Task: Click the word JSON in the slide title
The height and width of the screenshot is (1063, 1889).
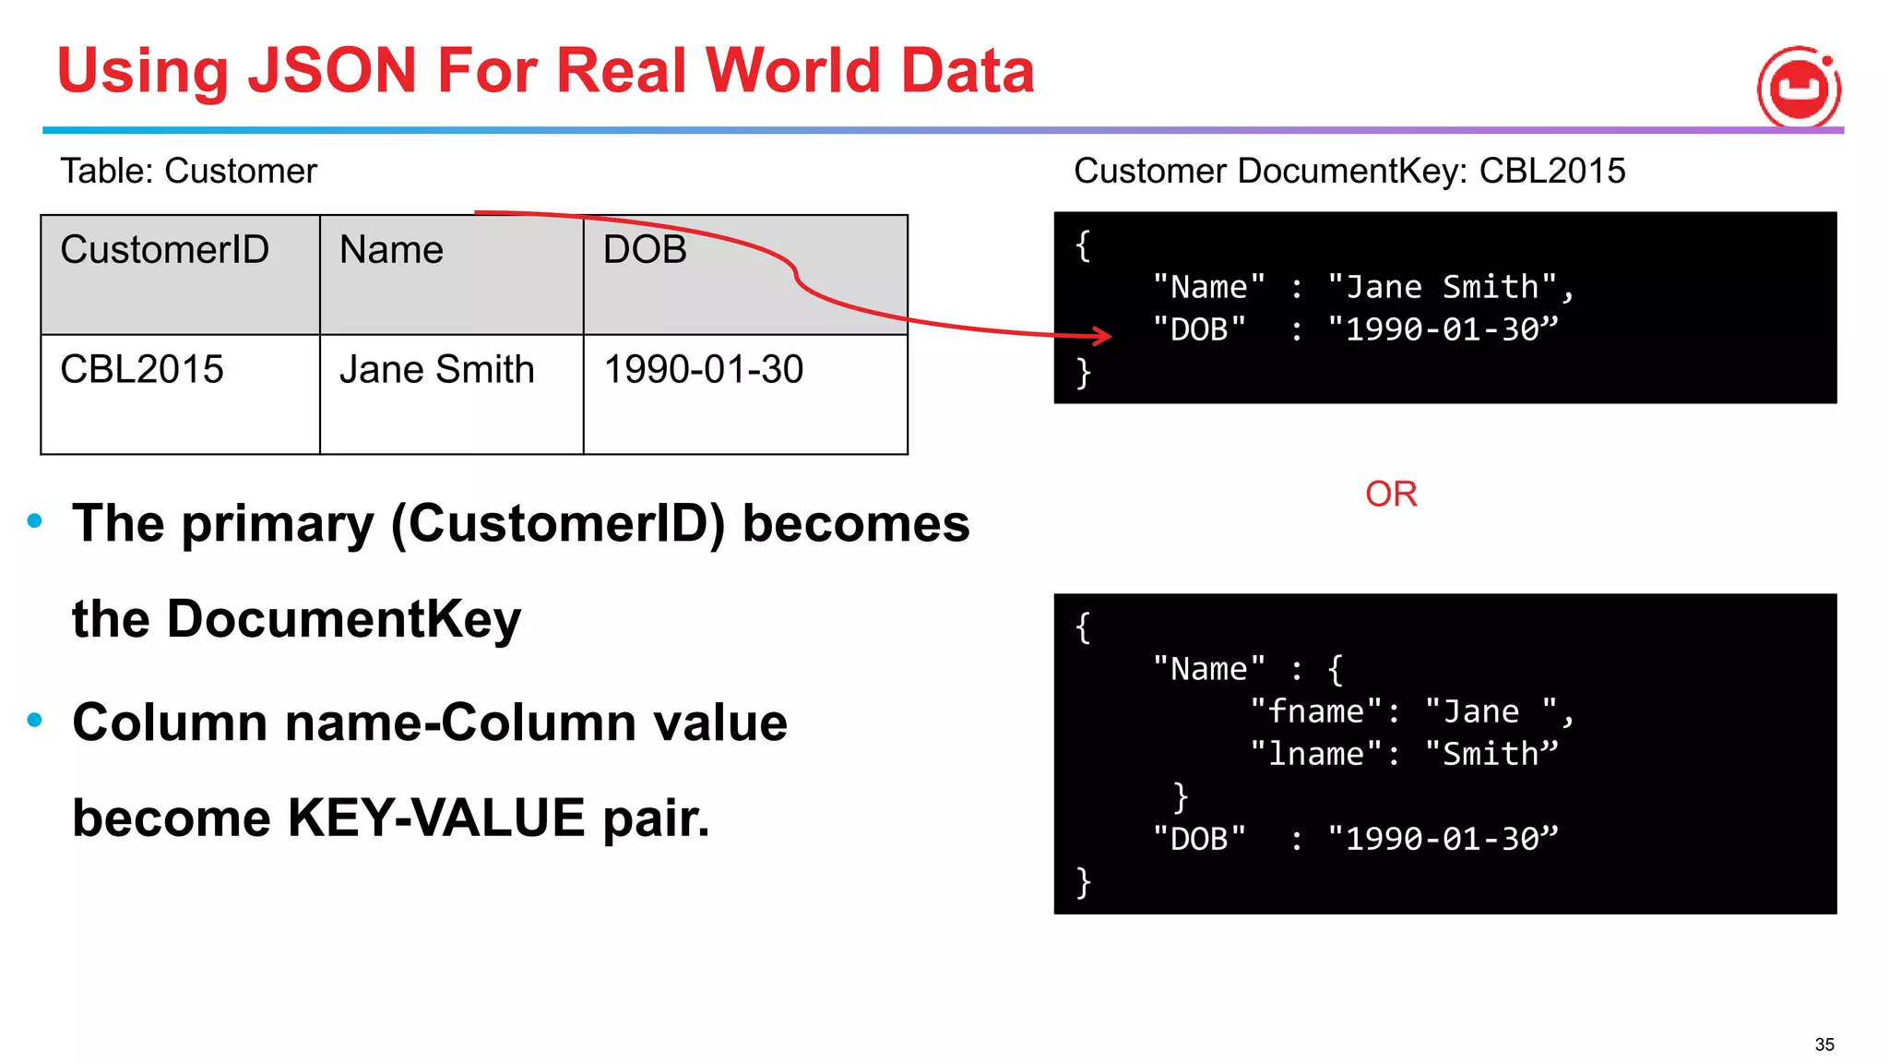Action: pyautogui.click(x=333, y=70)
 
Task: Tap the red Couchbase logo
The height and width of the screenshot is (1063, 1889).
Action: pyautogui.click(x=1799, y=89)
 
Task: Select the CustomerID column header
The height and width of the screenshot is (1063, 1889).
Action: pyautogui.click(x=164, y=250)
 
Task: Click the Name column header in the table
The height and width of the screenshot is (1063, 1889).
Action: pyautogui.click(x=391, y=250)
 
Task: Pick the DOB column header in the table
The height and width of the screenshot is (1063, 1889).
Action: pyautogui.click(x=645, y=250)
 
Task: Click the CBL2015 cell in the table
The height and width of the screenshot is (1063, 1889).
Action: pyautogui.click(x=142, y=370)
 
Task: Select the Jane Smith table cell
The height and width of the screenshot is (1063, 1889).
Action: pyautogui.click(x=436, y=370)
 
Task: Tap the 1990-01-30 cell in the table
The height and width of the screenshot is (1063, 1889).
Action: pyautogui.click(x=703, y=370)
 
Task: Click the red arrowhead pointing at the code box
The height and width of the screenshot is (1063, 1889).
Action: pyautogui.click(x=1102, y=335)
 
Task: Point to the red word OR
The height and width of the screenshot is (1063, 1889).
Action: pyautogui.click(x=1391, y=495)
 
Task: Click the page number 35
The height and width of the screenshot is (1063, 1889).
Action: pyautogui.click(x=1824, y=1045)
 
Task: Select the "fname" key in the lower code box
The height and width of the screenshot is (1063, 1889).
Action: pyautogui.click(x=1316, y=711)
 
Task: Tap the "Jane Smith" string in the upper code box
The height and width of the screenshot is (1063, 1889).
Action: pyautogui.click(x=1443, y=287)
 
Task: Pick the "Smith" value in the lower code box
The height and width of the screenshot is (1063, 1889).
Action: pyautogui.click(x=1491, y=754)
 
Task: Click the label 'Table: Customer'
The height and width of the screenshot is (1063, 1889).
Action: pyautogui.click(x=188, y=172)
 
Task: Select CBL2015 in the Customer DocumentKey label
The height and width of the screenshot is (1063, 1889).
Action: pyautogui.click(x=1552, y=172)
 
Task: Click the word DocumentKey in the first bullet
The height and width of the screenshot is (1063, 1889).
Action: pyautogui.click(x=343, y=618)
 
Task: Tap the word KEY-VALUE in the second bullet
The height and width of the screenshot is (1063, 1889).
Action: pyautogui.click(x=435, y=818)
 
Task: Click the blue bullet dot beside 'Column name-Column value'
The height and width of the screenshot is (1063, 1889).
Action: pyautogui.click(x=35, y=720)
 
